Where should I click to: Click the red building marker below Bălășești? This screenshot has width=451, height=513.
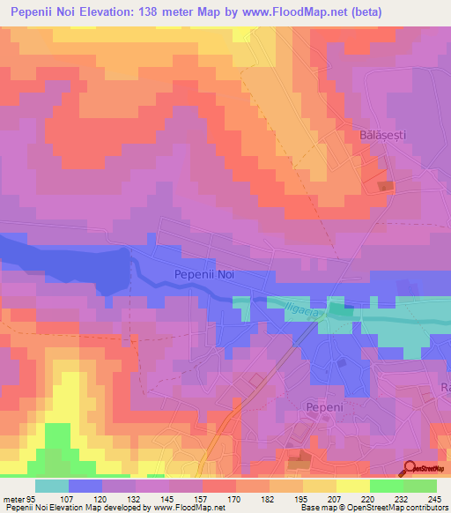[386, 186]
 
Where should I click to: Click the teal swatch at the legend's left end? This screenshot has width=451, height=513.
[51, 487]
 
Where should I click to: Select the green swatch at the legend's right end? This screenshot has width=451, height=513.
[419, 487]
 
